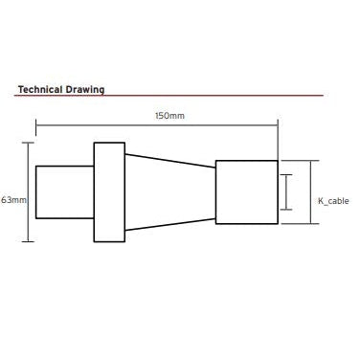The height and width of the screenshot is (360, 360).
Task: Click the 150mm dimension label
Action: tap(169, 116)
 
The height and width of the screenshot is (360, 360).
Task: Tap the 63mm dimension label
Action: tap(13, 200)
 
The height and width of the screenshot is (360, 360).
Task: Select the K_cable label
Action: tap(333, 201)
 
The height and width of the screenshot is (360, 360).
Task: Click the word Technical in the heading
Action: tap(40, 89)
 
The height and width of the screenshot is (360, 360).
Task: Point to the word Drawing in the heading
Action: tap(85, 90)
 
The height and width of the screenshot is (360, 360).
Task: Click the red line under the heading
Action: tap(169, 96)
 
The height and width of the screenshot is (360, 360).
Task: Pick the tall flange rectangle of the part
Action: tap(109, 192)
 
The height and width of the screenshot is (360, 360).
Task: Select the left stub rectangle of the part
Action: tap(65, 192)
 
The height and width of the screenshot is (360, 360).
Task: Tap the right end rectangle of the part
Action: tap(247, 192)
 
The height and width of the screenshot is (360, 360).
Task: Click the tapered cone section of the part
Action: tap(170, 192)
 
